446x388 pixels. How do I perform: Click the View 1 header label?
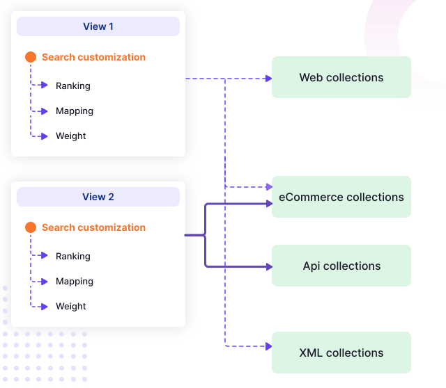(x=98, y=26)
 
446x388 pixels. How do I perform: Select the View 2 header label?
(x=98, y=197)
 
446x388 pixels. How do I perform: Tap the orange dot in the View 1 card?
(x=31, y=57)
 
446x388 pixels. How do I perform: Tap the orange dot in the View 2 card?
(x=31, y=227)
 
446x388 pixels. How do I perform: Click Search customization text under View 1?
(x=93, y=57)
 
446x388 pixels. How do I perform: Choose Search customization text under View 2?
(x=93, y=227)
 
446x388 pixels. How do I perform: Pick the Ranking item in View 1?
(x=73, y=86)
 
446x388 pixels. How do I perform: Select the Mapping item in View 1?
(x=75, y=111)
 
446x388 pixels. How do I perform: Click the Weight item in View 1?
(x=71, y=136)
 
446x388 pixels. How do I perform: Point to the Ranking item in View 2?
(x=73, y=257)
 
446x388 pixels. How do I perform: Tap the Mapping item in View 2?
(x=75, y=282)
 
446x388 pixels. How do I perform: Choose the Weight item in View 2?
(x=71, y=307)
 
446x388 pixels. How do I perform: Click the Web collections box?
(x=341, y=77)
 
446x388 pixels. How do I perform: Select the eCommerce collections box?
(x=341, y=197)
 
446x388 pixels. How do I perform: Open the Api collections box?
(x=341, y=266)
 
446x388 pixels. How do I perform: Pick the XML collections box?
(x=341, y=353)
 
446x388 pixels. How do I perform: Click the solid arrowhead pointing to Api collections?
(x=268, y=266)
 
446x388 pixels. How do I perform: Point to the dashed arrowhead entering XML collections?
(x=268, y=346)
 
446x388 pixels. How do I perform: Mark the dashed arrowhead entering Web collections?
(x=268, y=79)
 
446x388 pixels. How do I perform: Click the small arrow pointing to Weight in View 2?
(x=48, y=307)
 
